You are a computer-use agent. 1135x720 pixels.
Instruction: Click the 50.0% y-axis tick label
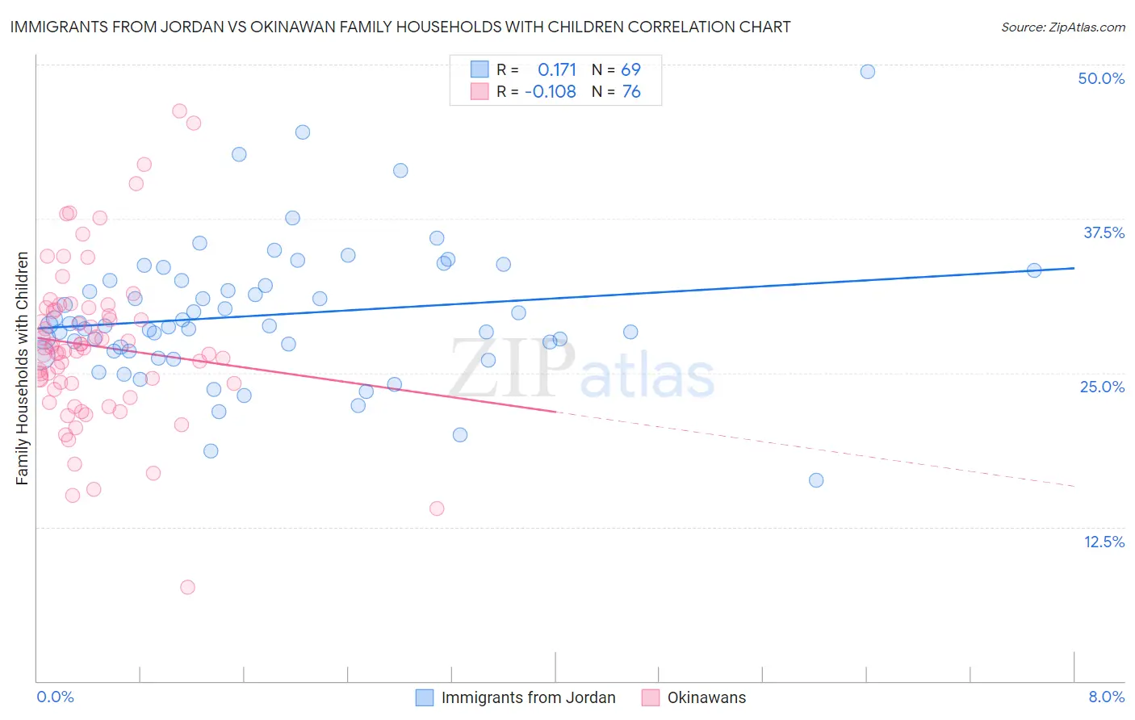pyautogui.click(x=1101, y=78)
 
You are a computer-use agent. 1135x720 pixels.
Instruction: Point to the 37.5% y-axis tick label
pyautogui.click(x=1104, y=232)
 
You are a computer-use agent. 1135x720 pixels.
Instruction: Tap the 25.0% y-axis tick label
pyautogui.click(x=1102, y=387)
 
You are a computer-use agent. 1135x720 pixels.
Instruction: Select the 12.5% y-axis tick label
pyautogui.click(x=1104, y=542)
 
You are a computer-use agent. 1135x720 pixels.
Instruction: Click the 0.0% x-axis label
pyautogui.click(x=55, y=697)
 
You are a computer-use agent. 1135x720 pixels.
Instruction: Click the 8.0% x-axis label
pyautogui.click(x=1106, y=697)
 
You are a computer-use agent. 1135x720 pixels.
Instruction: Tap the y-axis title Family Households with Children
pyautogui.click(x=23, y=368)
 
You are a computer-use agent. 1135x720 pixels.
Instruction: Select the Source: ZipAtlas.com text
pyautogui.click(x=1062, y=27)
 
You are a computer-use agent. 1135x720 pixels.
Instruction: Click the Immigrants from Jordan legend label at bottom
pyautogui.click(x=528, y=697)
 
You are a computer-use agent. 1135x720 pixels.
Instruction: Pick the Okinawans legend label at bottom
pyautogui.click(x=706, y=697)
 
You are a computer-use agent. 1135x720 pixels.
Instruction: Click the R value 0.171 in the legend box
pyautogui.click(x=557, y=69)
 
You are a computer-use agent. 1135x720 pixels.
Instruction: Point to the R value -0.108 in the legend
pyautogui.click(x=551, y=91)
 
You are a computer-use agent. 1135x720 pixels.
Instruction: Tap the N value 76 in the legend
pyautogui.click(x=631, y=91)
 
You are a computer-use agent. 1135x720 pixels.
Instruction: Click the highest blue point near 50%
pyautogui.click(x=868, y=72)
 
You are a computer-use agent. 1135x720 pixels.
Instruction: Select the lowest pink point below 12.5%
pyautogui.click(x=187, y=587)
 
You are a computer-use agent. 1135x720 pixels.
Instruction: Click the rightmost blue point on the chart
pyautogui.click(x=1034, y=270)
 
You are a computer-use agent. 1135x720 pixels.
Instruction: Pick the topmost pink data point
pyautogui.click(x=179, y=111)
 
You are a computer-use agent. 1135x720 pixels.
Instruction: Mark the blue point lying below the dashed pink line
pyautogui.click(x=816, y=480)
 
